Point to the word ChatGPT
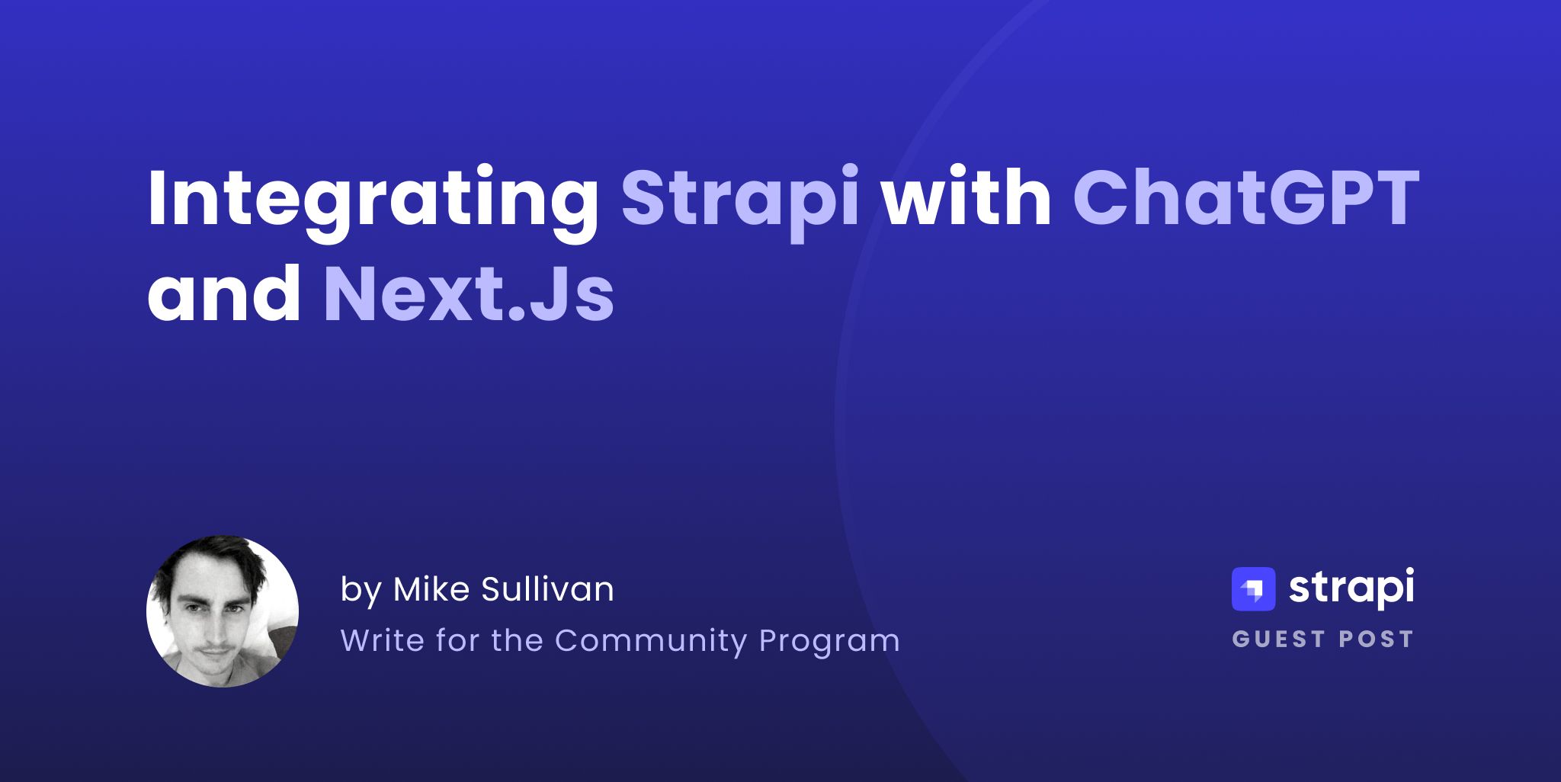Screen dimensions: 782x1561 point(1245,198)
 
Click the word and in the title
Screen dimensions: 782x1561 point(224,294)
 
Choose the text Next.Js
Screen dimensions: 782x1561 point(469,294)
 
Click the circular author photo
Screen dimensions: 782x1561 point(222,611)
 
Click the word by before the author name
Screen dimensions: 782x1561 point(361,590)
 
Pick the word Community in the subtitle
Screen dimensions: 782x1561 point(651,640)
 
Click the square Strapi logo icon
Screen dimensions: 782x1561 point(1253,589)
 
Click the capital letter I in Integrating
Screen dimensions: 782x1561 point(157,198)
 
